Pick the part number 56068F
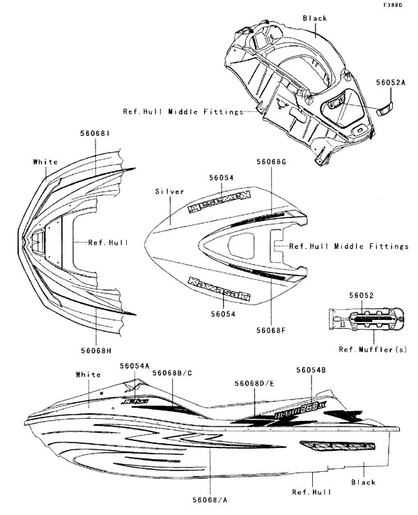tap(272, 330)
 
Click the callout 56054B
tap(311, 371)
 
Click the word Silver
tap(169, 190)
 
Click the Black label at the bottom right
tap(363, 482)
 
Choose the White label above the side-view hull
tap(88, 374)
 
